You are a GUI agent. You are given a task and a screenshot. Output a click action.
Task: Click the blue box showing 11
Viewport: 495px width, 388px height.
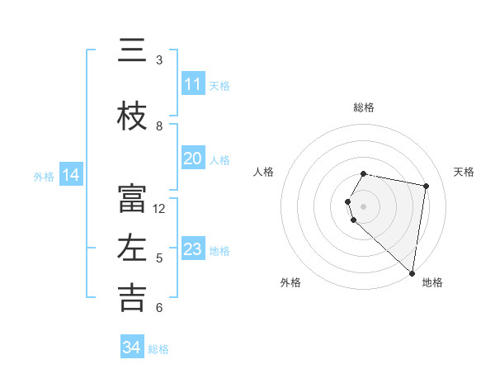click(192, 84)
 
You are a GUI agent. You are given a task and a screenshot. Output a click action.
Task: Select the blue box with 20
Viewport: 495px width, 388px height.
click(192, 159)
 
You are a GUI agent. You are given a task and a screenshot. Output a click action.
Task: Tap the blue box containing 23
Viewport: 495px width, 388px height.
click(192, 249)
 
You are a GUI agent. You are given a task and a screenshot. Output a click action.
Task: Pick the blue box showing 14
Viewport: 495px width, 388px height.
click(71, 175)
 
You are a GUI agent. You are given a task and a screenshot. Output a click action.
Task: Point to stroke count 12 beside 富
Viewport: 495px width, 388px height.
click(159, 209)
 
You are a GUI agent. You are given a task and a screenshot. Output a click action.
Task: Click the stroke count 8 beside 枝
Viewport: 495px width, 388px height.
click(159, 125)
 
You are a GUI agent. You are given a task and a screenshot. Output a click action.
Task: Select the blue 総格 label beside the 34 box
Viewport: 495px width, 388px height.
click(158, 349)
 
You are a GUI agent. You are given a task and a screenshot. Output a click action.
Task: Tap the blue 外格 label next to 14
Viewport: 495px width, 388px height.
click(44, 176)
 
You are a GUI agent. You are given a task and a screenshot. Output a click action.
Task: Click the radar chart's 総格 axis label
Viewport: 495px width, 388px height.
click(364, 107)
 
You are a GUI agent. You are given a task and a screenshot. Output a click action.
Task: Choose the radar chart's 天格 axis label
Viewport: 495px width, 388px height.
click(464, 172)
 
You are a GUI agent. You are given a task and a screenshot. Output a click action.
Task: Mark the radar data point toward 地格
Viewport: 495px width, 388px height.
click(412, 273)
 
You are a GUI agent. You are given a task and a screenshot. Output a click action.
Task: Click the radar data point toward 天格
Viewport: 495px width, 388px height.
click(426, 186)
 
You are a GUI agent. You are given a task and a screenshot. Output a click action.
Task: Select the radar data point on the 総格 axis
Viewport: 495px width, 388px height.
click(364, 173)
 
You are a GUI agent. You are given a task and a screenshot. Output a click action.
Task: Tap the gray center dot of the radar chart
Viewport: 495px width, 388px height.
click(364, 206)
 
